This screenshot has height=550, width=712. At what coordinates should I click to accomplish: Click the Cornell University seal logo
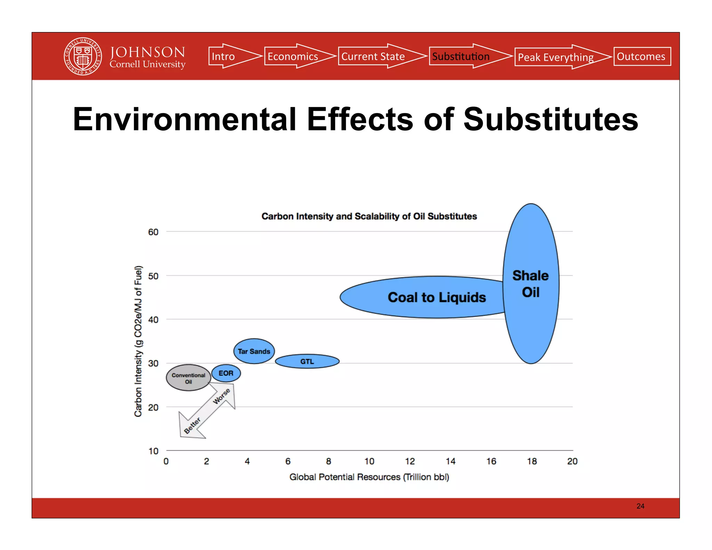[83, 56]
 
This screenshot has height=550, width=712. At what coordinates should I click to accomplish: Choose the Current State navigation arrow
[377, 56]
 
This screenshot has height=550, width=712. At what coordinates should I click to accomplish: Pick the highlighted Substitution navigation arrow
[464, 56]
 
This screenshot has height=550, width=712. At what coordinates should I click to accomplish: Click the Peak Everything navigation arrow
[558, 57]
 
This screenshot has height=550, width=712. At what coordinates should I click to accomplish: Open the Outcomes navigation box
[642, 56]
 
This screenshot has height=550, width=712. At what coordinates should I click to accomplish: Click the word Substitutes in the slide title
[551, 119]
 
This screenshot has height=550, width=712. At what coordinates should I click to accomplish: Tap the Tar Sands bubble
[254, 351]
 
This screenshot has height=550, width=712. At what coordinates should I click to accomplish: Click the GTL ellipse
[307, 362]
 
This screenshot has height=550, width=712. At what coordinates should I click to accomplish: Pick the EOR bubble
[226, 373]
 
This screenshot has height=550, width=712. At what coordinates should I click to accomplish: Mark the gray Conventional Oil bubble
[188, 378]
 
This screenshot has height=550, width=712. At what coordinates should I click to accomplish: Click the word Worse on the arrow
[221, 396]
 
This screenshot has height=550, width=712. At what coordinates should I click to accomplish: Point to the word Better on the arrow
[192, 425]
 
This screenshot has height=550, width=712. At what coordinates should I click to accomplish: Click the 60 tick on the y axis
[153, 232]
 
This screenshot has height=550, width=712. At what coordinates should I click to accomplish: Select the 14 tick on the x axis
[450, 461]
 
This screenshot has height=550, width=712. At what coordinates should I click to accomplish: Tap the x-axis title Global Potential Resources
[369, 477]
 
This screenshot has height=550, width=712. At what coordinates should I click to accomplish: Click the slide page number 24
[640, 506]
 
